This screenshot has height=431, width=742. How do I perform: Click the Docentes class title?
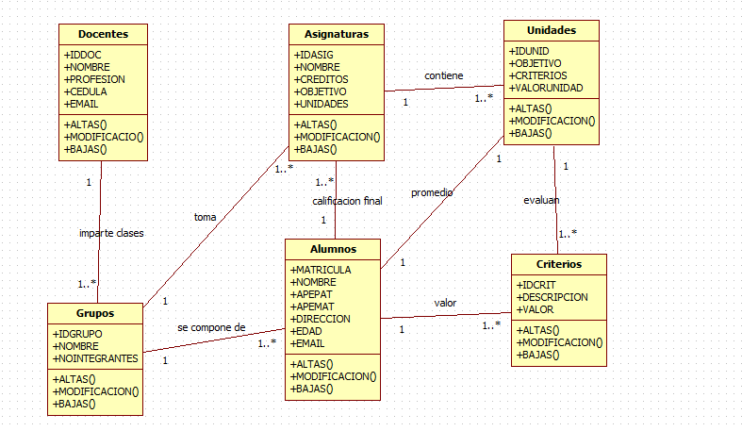(x=104, y=34)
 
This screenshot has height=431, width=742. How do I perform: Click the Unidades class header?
(x=551, y=30)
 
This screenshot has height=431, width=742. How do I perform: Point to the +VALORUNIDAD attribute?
(x=546, y=88)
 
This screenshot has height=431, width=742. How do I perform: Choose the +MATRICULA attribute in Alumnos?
(x=321, y=270)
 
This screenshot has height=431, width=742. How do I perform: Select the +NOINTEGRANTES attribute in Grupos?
(x=95, y=358)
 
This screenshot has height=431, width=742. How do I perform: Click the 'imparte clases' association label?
(x=111, y=233)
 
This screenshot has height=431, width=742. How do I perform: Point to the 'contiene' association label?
(x=443, y=75)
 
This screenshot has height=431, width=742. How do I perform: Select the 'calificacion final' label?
(x=347, y=201)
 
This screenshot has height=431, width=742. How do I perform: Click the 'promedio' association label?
(x=432, y=192)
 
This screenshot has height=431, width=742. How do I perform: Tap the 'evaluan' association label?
(x=541, y=200)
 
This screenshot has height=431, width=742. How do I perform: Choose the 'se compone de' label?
(x=211, y=327)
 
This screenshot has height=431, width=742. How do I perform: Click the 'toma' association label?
(x=205, y=217)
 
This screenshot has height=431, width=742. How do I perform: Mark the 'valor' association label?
(x=445, y=303)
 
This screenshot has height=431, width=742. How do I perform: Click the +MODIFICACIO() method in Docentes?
(x=104, y=137)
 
